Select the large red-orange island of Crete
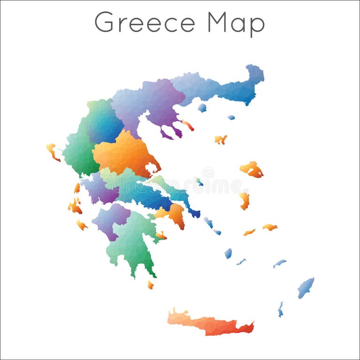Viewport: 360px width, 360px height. [211, 323]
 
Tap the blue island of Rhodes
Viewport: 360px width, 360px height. [305, 287]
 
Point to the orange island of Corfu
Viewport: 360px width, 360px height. [52, 151]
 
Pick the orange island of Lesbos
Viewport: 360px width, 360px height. [252, 169]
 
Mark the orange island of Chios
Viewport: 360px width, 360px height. [245, 200]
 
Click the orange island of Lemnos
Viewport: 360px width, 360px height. [220, 139]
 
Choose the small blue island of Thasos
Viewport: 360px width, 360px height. [202, 108]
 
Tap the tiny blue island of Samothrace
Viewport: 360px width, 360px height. [231, 117]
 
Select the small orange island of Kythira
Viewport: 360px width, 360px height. [150, 284]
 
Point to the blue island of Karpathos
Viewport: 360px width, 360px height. [280, 309]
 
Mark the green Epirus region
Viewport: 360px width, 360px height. [80, 150]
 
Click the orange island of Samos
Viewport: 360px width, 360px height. [270, 227]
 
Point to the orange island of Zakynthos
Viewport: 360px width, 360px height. [82, 225]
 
